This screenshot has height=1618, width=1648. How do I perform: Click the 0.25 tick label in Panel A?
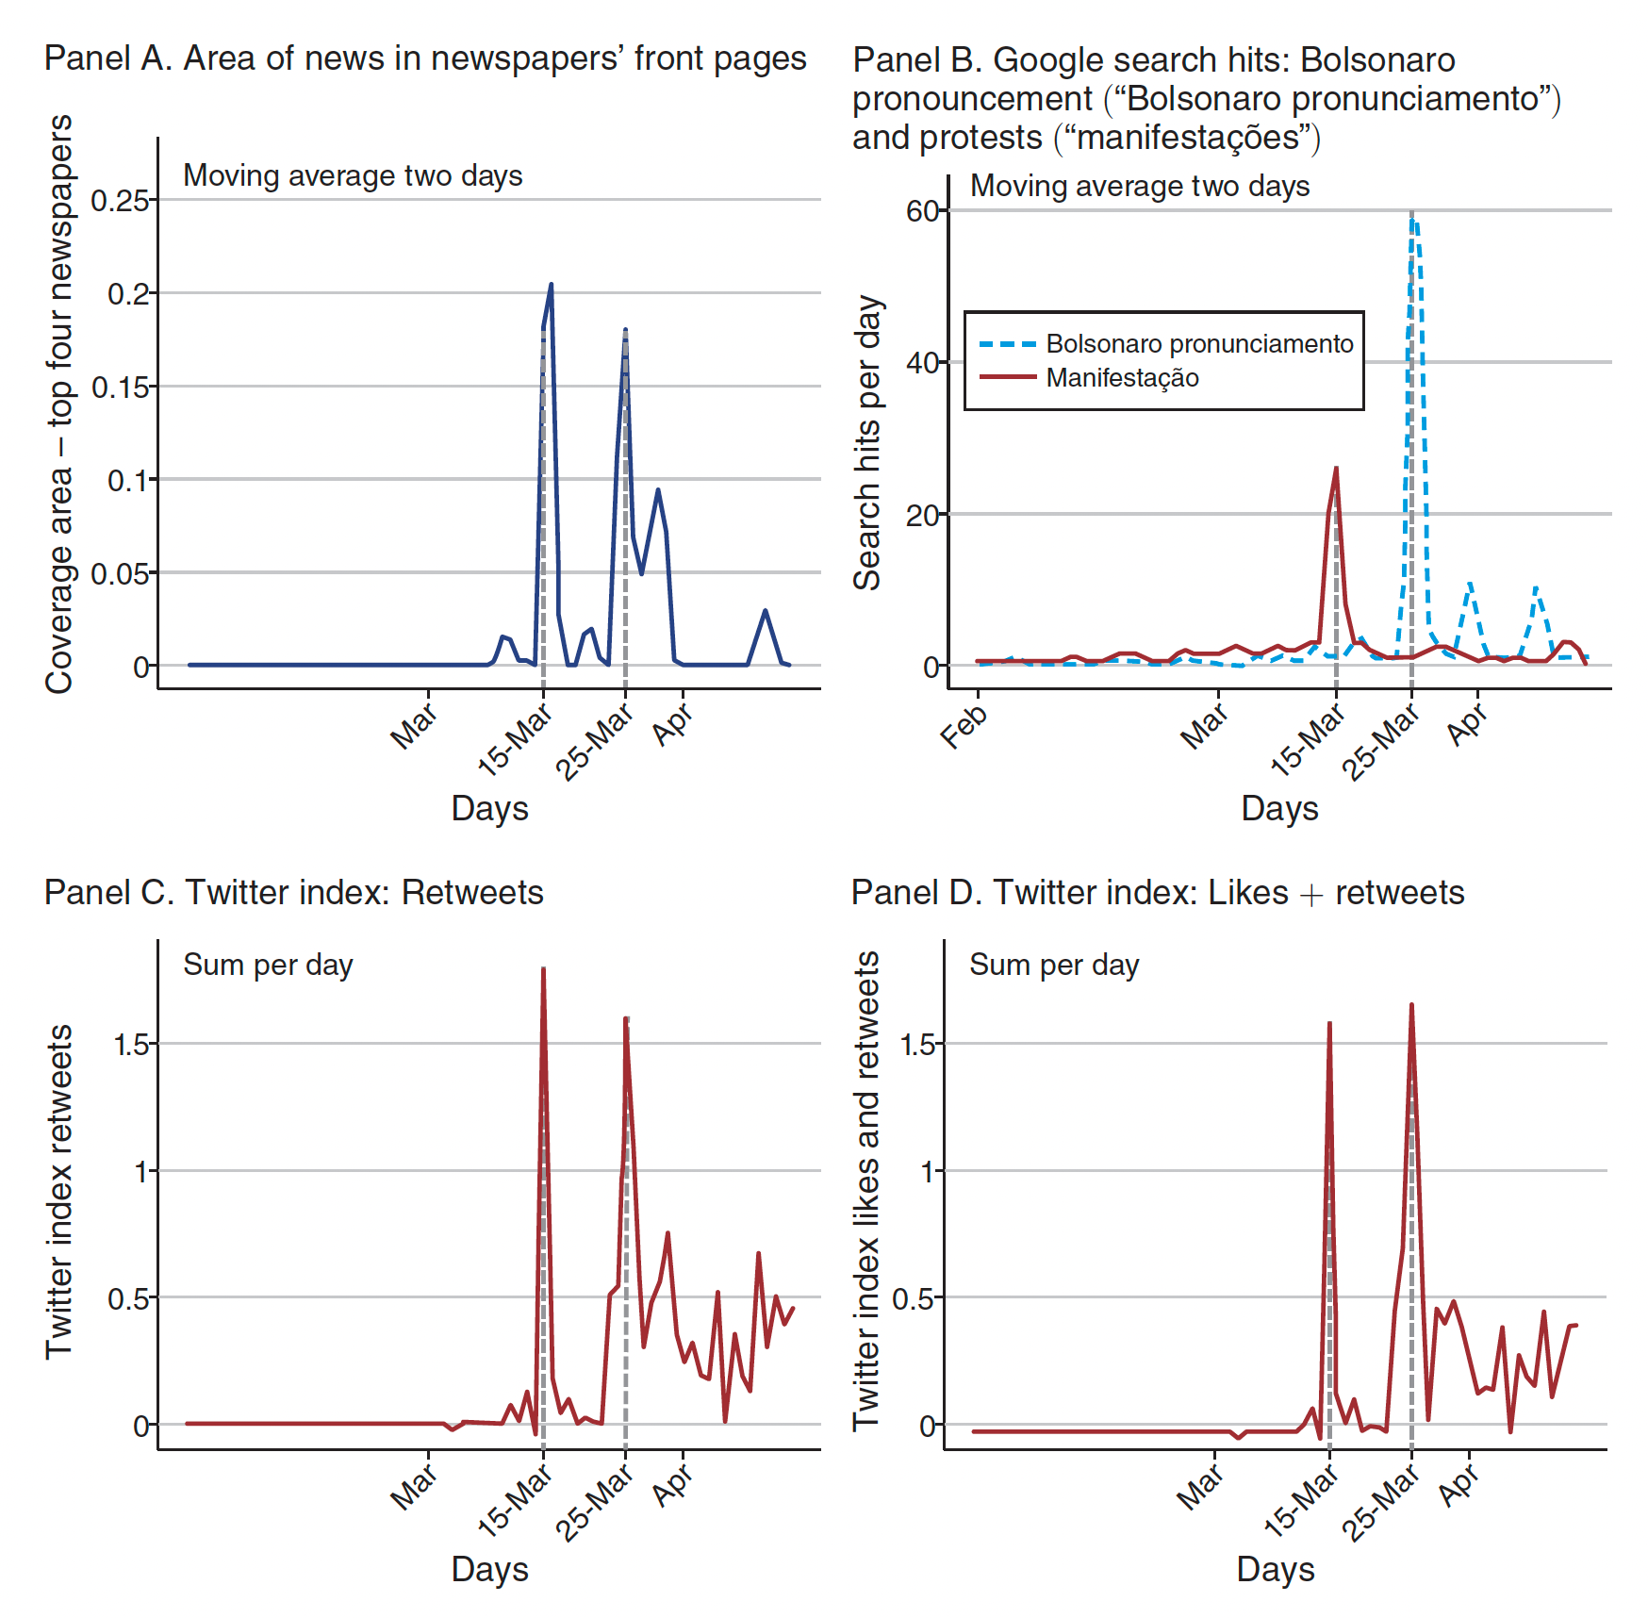(x=120, y=201)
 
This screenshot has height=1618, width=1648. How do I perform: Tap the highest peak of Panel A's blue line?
(x=551, y=284)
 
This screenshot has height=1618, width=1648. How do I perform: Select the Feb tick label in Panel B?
(x=964, y=727)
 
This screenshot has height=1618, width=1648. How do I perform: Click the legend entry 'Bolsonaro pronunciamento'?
(x=1199, y=344)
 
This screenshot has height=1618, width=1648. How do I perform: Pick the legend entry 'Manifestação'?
(x=1122, y=378)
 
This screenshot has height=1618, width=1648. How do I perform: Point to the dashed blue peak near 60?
(x=1412, y=217)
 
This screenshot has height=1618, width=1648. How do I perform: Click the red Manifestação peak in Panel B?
(x=1336, y=469)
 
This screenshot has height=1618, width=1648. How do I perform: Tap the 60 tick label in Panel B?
(x=922, y=211)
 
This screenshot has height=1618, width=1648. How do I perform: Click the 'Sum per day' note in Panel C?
(x=268, y=966)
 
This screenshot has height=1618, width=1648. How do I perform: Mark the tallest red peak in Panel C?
(x=543, y=969)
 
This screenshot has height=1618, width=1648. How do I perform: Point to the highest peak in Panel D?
(x=1411, y=1005)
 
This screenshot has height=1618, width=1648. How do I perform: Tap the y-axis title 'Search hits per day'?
(x=867, y=443)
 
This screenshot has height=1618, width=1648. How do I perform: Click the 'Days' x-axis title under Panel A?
(x=489, y=809)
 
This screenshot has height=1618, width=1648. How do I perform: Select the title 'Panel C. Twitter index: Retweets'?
(x=294, y=892)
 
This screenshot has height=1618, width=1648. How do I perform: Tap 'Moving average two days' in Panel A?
(x=353, y=176)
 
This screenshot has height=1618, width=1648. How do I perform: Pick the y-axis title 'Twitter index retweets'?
(x=59, y=1192)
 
